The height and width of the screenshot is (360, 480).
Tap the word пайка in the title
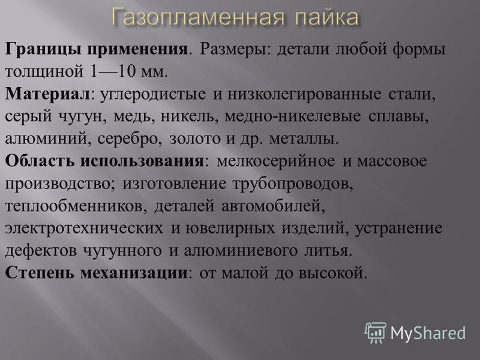(326, 17)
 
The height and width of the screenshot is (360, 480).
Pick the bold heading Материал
(47, 94)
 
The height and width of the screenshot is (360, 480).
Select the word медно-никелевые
(293, 116)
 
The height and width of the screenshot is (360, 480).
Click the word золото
(194, 139)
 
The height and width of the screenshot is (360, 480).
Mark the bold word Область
(40, 161)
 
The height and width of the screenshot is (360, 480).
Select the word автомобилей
(272, 206)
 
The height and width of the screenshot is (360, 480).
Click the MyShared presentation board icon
(376, 332)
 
